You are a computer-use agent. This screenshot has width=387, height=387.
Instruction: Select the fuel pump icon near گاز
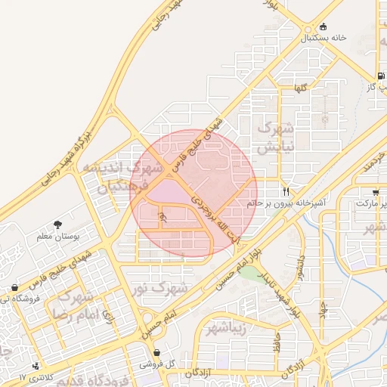tap(379, 76)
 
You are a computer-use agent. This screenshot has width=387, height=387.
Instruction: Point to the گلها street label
tap(280, 88)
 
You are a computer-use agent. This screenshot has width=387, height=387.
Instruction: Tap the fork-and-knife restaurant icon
tap(286, 191)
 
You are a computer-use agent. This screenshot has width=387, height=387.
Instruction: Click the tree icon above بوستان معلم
tap(58, 224)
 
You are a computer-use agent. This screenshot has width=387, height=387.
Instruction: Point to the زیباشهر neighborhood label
tap(227, 327)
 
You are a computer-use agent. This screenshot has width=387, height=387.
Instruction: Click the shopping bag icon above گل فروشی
tap(156, 353)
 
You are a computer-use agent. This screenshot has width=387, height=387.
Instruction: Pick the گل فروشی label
tap(157, 364)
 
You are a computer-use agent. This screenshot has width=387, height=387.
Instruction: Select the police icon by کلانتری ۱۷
tap(36, 367)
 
